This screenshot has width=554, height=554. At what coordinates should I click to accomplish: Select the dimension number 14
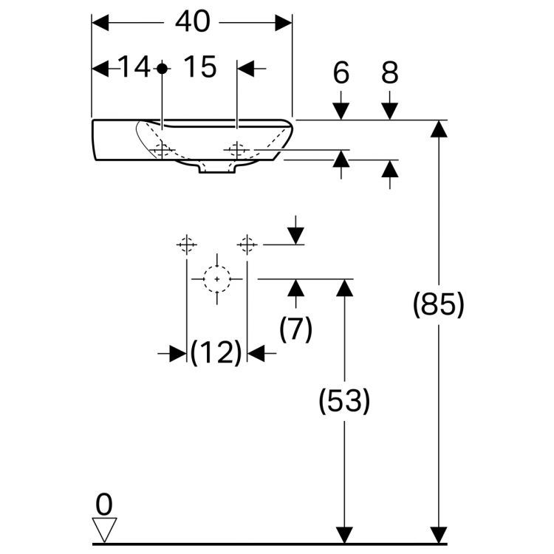tap(134, 68)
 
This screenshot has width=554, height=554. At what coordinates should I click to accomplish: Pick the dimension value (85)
tap(438, 304)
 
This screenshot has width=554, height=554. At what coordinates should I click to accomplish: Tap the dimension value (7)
tap(295, 329)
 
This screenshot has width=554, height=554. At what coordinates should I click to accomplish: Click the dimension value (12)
tap(216, 354)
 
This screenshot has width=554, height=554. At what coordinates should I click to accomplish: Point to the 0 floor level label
tap(104, 505)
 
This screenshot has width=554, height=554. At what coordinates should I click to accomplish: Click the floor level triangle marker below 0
tap(104, 529)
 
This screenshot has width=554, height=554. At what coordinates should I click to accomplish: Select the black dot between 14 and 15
tap(163, 69)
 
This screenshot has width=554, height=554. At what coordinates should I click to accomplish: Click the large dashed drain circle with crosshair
tap(216, 279)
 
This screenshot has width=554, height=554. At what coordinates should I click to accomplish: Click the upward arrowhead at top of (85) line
tap(439, 129)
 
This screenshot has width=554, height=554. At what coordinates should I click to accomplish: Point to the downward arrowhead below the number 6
tap(341, 110)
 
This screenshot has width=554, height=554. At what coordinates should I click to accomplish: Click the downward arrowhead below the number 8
tap(390, 110)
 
